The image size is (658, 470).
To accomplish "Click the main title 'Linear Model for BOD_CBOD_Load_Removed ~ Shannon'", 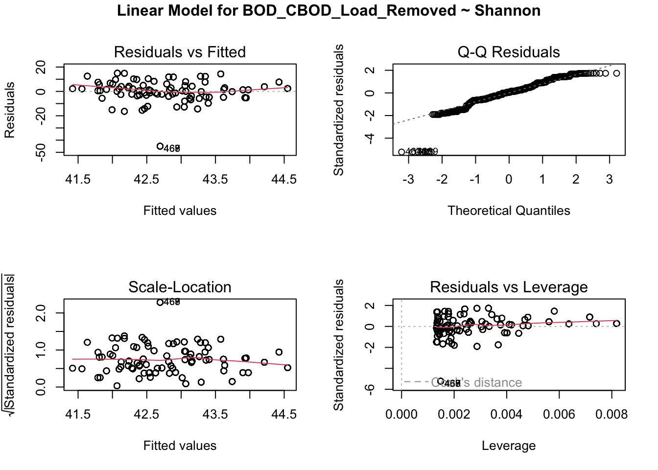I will click(329, 10).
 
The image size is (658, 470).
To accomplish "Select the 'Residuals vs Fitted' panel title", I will click(180, 52).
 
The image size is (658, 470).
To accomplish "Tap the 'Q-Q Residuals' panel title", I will click(509, 52).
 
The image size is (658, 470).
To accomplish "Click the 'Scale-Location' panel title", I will click(180, 287).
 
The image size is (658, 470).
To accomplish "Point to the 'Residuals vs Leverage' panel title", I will click(509, 287).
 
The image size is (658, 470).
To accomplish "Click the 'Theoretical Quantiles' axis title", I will click(509, 211).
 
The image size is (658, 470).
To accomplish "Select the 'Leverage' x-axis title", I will click(509, 446).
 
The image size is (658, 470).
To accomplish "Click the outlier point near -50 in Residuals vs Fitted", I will click(160, 146).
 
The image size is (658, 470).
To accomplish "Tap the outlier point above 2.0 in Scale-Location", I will click(160, 302).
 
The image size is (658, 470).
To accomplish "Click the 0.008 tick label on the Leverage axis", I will click(611, 415).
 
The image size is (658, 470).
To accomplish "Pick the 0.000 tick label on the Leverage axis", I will click(401, 415).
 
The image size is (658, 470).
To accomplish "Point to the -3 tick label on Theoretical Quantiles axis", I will click(408, 180).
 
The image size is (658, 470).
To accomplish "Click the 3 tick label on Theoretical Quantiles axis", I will click(609, 180).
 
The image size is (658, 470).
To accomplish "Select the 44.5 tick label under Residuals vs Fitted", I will click(284, 180).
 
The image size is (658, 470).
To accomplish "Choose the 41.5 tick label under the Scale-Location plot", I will click(78, 415).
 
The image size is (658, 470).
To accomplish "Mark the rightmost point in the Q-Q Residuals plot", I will click(616, 73).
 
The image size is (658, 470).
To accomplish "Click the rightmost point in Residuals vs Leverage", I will click(616, 324).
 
